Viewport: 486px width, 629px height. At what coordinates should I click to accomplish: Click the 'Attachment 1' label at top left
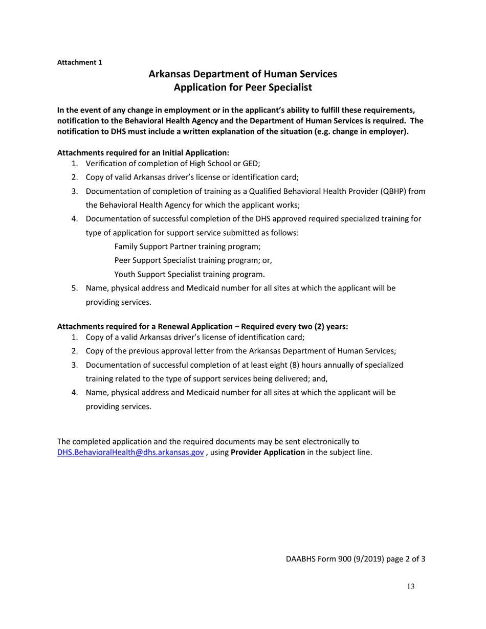(x=79, y=62)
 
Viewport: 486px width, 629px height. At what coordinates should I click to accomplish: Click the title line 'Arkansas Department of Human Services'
(x=242, y=74)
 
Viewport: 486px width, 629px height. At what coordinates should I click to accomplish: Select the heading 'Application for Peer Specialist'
(x=242, y=87)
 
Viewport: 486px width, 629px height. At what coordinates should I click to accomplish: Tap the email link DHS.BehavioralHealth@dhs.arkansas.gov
(x=130, y=453)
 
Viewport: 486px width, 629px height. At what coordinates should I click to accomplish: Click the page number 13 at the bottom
(x=411, y=587)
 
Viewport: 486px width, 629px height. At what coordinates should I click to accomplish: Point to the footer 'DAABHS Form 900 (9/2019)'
(x=334, y=558)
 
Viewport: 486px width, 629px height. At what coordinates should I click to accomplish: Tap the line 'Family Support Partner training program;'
(x=187, y=246)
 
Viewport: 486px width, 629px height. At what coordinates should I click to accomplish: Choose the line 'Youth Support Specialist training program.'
(x=189, y=274)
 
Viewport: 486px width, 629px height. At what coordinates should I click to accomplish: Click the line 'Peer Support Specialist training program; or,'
(x=193, y=260)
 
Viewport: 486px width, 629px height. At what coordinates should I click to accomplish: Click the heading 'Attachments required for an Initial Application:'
(x=143, y=152)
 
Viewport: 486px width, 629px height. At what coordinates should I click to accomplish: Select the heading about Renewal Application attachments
(x=203, y=326)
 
